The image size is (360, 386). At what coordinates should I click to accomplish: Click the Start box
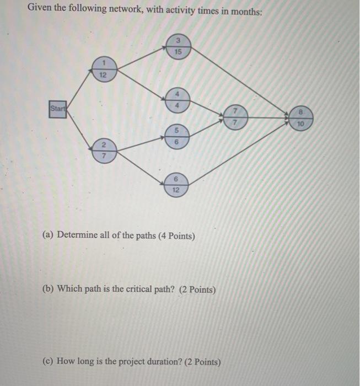point(56,108)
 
